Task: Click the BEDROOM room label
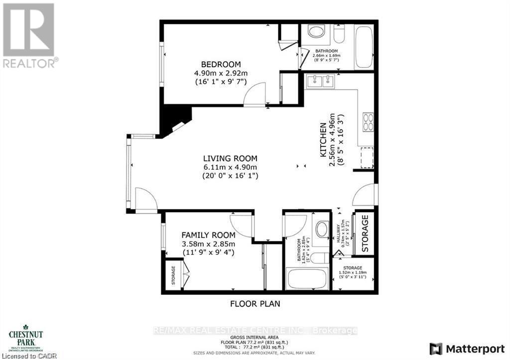coord(221,64)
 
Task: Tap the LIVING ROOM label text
coord(230,158)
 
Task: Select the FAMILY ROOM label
coord(208,235)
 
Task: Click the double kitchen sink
coord(321,81)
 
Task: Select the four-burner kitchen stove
coord(368,122)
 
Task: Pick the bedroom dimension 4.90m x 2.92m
coord(221,73)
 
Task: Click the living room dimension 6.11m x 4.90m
coord(230,167)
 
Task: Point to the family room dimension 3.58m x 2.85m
coord(208,244)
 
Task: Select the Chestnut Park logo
coord(25,339)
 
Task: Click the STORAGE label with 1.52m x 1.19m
coord(353,267)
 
